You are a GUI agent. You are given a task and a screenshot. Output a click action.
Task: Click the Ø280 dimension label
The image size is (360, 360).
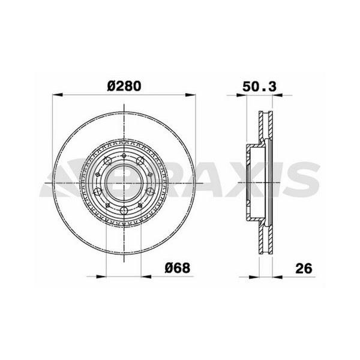coord(124,85)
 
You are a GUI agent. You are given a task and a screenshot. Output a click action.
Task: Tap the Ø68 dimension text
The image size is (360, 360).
coord(178,268)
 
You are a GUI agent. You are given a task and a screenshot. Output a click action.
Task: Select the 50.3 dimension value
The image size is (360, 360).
coord(259,85)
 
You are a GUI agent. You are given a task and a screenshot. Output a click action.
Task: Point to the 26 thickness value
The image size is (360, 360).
coord(305,268)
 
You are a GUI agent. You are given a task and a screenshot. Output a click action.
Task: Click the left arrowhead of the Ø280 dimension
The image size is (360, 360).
coord(58,94)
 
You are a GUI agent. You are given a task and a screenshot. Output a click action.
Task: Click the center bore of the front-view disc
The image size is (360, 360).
coord(124,181)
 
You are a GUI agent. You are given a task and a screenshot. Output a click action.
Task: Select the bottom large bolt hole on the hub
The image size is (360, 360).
coord(124,209)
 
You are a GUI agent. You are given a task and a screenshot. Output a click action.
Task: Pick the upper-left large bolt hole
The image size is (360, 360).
coord(107,160)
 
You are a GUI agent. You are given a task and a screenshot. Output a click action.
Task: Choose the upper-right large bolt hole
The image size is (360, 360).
coord(141,160)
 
